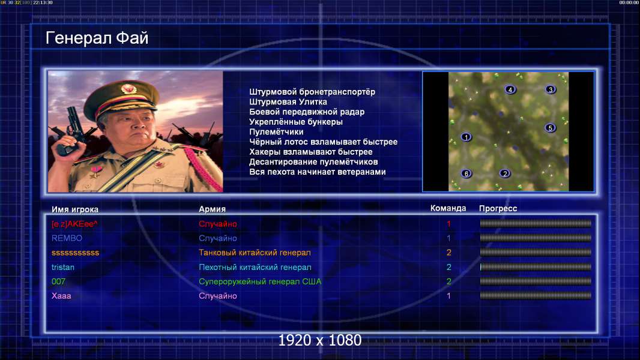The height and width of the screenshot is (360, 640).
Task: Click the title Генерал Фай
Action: click(97, 38)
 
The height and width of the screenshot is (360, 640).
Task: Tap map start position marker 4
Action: click(510, 89)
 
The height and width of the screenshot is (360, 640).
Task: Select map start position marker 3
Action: click(550, 89)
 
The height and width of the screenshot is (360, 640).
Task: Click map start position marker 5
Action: click(550, 128)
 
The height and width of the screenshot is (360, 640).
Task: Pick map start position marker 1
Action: click(466, 137)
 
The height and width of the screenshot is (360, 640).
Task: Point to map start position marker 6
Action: click(466, 173)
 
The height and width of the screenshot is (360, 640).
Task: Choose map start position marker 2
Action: click(505, 173)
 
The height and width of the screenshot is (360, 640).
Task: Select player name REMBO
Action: click(67, 238)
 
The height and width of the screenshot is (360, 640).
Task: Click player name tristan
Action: click(63, 268)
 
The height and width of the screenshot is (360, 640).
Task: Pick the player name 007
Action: click(58, 282)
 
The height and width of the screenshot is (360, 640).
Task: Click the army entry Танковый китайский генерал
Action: click(255, 253)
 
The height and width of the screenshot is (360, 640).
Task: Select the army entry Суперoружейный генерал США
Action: click(260, 282)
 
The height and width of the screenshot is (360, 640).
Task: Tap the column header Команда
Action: click(448, 208)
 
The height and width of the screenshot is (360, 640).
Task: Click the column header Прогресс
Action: click(498, 209)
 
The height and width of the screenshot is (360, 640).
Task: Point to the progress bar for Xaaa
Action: click(536, 296)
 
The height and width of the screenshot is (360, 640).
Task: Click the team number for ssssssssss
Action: click(448, 253)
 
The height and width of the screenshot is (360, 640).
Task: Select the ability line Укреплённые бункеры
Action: click(296, 122)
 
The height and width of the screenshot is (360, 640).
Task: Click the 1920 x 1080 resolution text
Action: click(320, 340)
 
